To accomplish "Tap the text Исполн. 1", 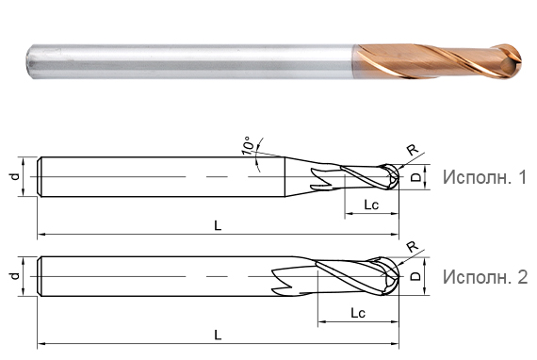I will click(480, 177).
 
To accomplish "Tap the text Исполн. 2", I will click(480, 276).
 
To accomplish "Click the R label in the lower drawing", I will click(411, 248).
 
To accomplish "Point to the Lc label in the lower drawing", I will click(357, 312).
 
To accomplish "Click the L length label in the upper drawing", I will click(218, 224).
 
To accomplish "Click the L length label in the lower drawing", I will click(218, 334).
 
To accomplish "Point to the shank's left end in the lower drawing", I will click(40, 275).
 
